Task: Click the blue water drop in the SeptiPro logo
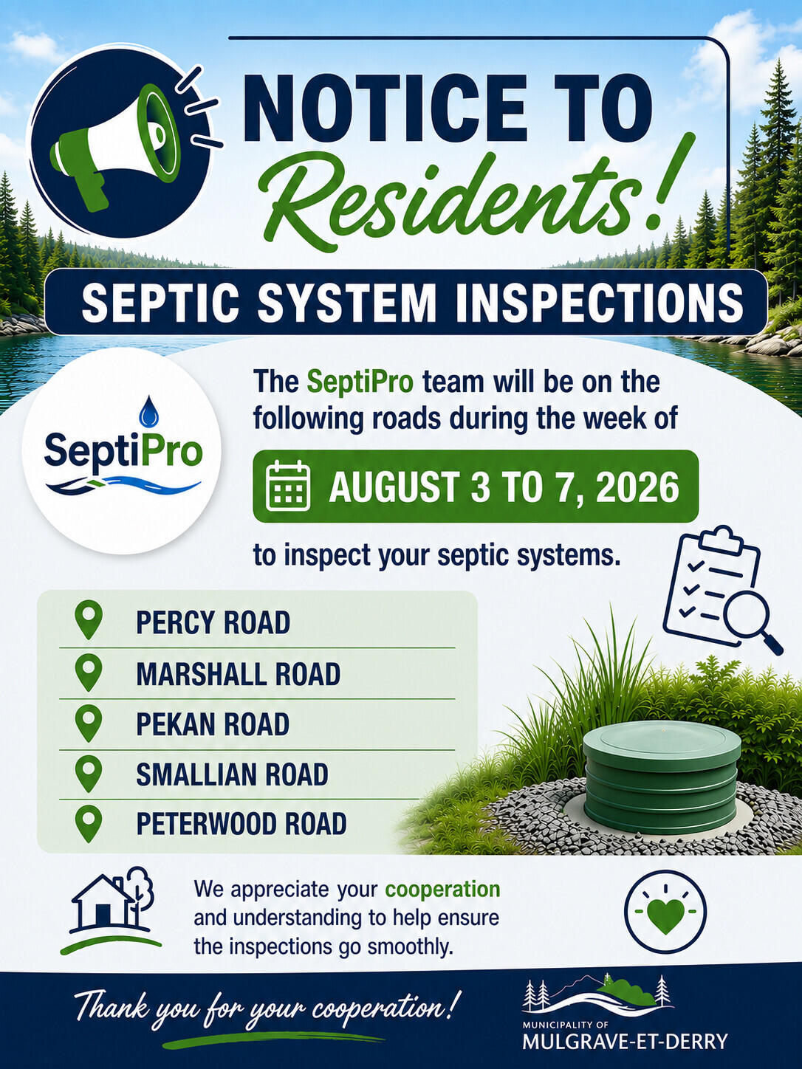tap(149, 411)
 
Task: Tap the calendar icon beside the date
tap(288, 486)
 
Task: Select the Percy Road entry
tap(213, 622)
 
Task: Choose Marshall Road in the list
tap(238, 674)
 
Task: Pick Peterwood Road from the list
tap(241, 824)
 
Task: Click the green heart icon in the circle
tap(665, 915)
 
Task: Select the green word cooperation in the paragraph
tap(442, 890)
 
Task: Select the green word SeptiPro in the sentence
tap(360, 382)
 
